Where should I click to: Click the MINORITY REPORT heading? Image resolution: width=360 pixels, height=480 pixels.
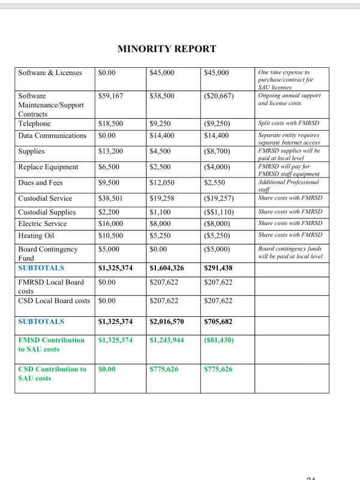point(167,49)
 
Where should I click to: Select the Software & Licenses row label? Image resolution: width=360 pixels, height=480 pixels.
point(50,73)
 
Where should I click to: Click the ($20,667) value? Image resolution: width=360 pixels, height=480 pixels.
point(219,95)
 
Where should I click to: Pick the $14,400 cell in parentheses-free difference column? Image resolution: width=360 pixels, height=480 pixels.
point(216,136)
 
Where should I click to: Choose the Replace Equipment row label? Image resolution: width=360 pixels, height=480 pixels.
point(48,167)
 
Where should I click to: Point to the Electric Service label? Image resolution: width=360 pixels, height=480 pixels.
point(43,223)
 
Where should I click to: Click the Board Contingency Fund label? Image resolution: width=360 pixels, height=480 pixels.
point(48,253)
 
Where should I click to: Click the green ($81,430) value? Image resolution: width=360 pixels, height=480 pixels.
point(219,340)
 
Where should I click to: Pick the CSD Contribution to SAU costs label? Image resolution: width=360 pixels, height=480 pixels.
point(52,373)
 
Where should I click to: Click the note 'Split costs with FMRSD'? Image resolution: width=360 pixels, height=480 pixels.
point(289,124)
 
